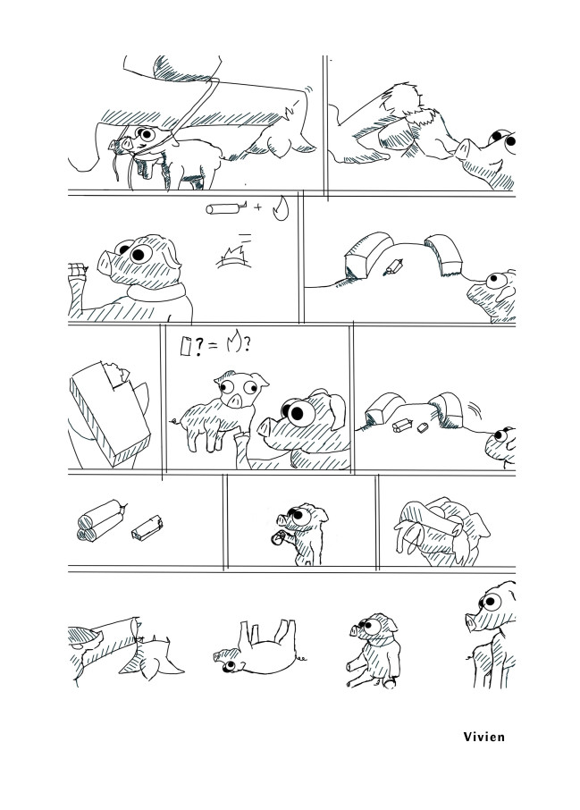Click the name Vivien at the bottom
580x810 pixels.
pyautogui.click(x=483, y=736)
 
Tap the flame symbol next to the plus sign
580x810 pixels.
pyautogui.click(x=281, y=208)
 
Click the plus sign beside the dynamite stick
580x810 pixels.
pyautogui.click(x=257, y=207)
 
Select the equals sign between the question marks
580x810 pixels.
pyautogui.click(x=213, y=346)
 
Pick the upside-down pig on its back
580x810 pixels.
pyautogui.click(x=259, y=647)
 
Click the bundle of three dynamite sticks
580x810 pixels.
pyautogui.click(x=101, y=519)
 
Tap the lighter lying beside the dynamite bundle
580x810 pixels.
pyautogui.click(x=147, y=527)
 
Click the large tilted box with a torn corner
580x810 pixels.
pyautogui.click(x=109, y=412)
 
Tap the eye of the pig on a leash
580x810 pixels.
pyautogui.click(x=147, y=135)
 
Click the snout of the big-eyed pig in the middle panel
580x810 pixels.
pyautogui.click(x=265, y=427)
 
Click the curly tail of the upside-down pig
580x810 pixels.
pyautogui.click(x=301, y=659)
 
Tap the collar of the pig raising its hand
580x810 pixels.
pyautogui.click(x=156, y=291)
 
